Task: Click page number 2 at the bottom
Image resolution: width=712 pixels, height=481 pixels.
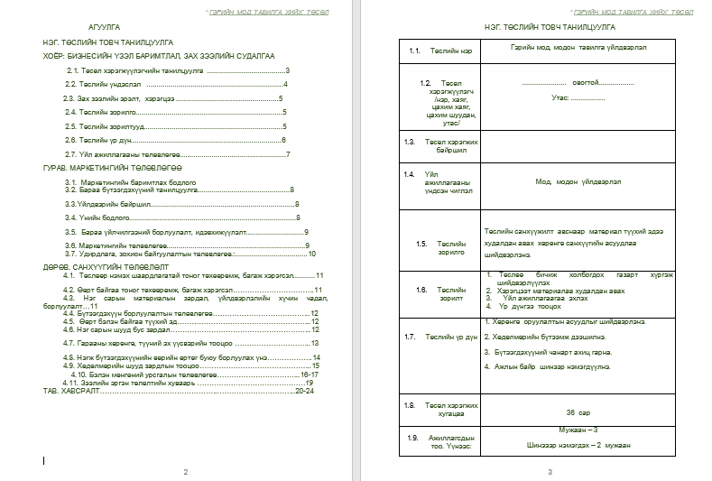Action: [x=185, y=472]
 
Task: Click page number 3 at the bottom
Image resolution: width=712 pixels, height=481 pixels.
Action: [x=549, y=472]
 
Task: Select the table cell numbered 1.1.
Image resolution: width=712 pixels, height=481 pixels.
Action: [x=415, y=50]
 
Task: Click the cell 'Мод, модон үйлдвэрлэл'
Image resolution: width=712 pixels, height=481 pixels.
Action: [x=578, y=181]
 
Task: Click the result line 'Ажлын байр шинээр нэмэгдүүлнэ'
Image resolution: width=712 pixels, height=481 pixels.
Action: [x=550, y=366]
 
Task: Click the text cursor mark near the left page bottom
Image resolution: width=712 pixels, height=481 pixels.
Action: [x=44, y=460]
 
